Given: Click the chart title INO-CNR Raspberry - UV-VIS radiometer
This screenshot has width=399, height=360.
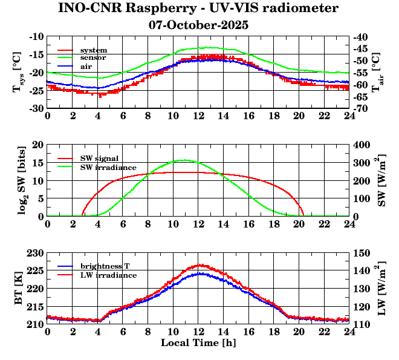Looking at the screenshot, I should tap(198, 8).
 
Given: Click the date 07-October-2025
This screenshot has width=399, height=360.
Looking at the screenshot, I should tap(198, 25).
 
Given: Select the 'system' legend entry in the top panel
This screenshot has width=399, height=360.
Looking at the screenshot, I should tap(94, 50).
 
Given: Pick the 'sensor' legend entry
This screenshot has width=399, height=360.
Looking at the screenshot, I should tap(93, 57).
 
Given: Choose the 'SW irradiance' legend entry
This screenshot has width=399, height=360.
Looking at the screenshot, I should tap(108, 166).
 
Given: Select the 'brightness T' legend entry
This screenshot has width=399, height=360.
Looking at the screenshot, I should tap(106, 267).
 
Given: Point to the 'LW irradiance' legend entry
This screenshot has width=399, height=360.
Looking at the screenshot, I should tap(108, 275).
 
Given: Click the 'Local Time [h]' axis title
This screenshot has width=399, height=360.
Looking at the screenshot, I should tap(198, 342).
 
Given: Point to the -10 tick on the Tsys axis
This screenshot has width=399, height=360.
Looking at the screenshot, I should tap(36, 36).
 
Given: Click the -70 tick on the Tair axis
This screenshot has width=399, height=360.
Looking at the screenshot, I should tap(363, 108).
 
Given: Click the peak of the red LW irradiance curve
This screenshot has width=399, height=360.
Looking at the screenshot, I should tap(200, 264).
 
